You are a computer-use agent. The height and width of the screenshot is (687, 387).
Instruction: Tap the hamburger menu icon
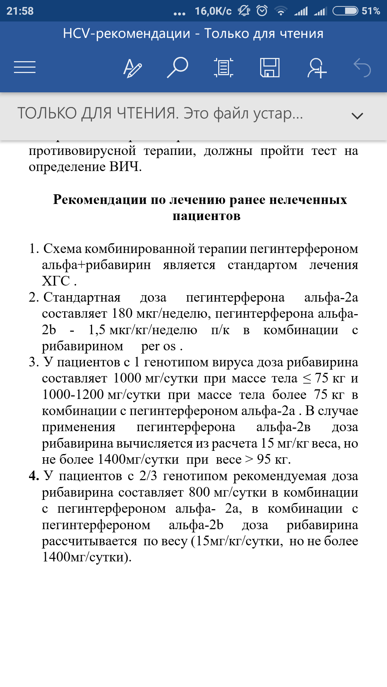point(25,67)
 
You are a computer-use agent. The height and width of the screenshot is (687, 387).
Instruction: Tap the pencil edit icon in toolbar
point(132,68)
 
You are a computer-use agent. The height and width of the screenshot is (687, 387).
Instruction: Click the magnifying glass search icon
point(177,67)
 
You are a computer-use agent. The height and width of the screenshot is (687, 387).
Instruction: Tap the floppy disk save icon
point(269,67)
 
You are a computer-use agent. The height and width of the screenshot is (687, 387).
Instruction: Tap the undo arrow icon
point(362,68)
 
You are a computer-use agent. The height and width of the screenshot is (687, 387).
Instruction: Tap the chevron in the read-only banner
point(357,116)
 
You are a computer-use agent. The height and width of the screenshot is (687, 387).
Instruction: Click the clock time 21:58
point(20,11)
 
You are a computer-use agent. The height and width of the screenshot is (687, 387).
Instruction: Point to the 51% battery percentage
point(371,11)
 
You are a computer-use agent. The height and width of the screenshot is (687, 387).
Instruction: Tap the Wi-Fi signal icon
point(281,11)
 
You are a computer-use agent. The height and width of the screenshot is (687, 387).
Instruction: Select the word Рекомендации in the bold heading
point(100,199)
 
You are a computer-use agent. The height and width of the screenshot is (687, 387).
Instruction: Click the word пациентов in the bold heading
point(206,216)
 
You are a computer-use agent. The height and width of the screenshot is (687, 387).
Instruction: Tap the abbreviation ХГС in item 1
point(56,281)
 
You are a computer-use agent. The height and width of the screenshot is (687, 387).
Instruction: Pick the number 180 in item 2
point(122,313)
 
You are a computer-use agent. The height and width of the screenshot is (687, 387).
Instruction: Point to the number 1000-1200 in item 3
point(73,395)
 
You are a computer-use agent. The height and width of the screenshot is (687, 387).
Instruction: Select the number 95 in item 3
point(264,459)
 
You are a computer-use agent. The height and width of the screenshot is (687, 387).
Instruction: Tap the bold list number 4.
point(34,476)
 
